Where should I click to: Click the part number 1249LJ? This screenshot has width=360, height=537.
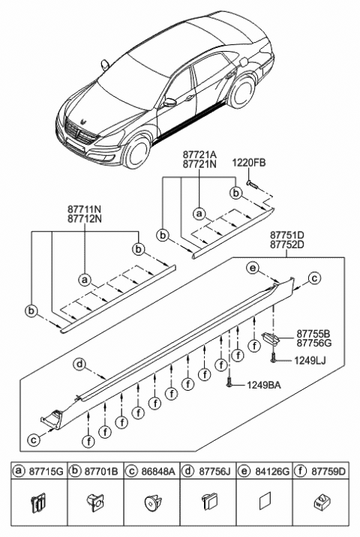[x=310, y=361]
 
